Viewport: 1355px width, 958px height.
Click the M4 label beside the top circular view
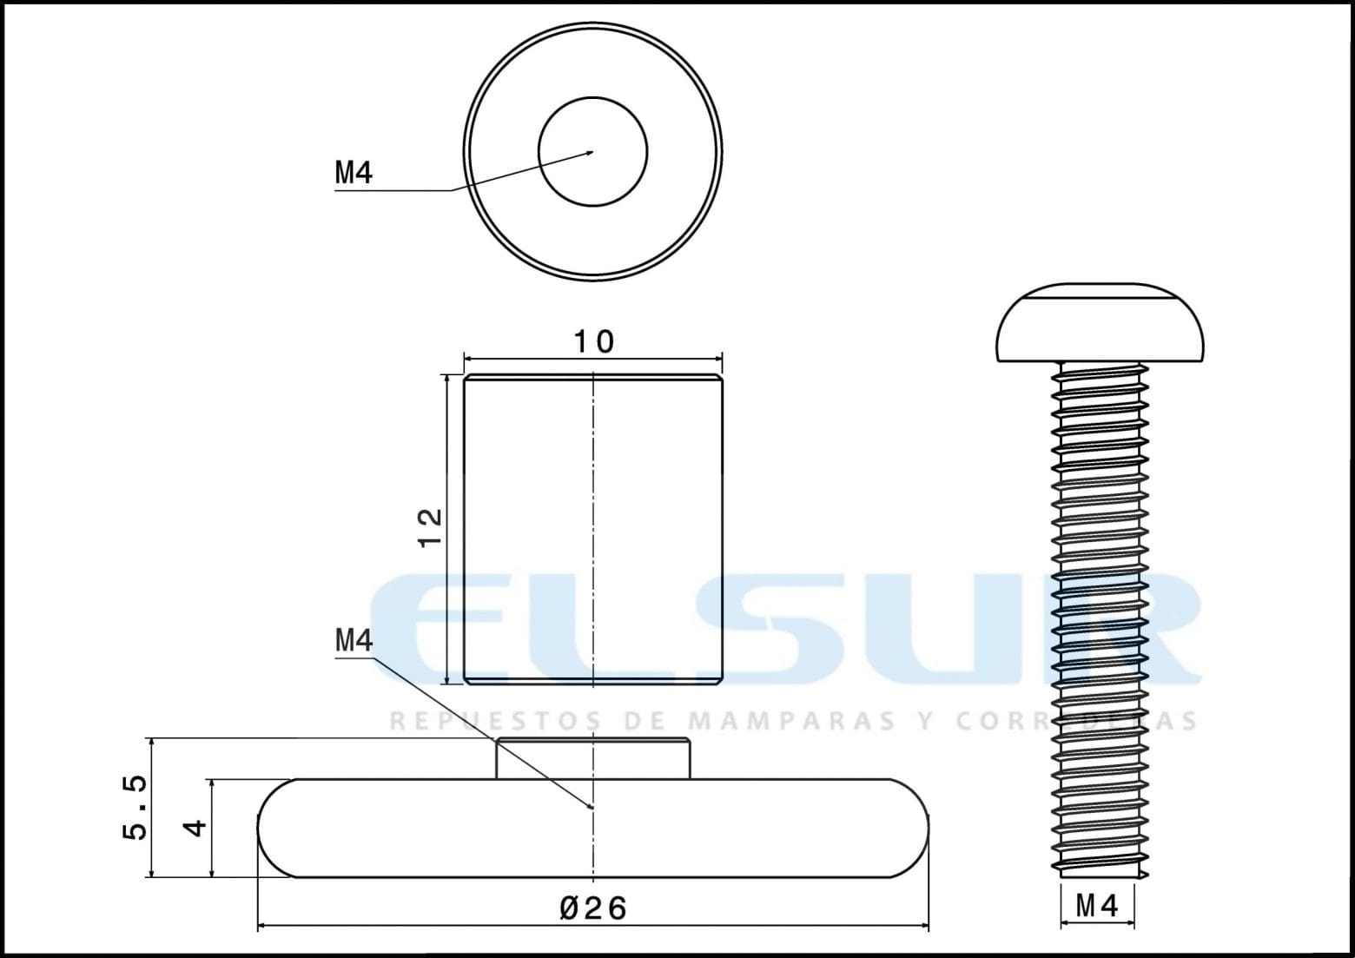[x=354, y=173]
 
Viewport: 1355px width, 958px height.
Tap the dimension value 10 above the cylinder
[x=594, y=341]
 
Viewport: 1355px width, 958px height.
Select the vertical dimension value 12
[x=430, y=527]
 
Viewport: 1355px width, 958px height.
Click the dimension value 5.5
[x=135, y=807]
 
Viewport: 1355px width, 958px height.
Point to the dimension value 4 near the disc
[x=197, y=827]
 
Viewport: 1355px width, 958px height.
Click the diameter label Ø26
[x=593, y=908]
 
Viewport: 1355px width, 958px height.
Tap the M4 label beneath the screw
[x=1096, y=906]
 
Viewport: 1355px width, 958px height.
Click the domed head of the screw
[x=1100, y=322]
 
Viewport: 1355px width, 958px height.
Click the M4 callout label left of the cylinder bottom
[x=354, y=641]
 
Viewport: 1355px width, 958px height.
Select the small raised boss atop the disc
[x=593, y=758]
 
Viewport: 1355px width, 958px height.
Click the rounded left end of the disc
[x=276, y=828]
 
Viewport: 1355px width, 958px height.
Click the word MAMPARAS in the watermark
[x=790, y=721]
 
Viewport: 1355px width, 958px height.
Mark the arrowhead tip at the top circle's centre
[x=592, y=152]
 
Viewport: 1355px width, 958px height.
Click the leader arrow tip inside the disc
[x=592, y=807]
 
